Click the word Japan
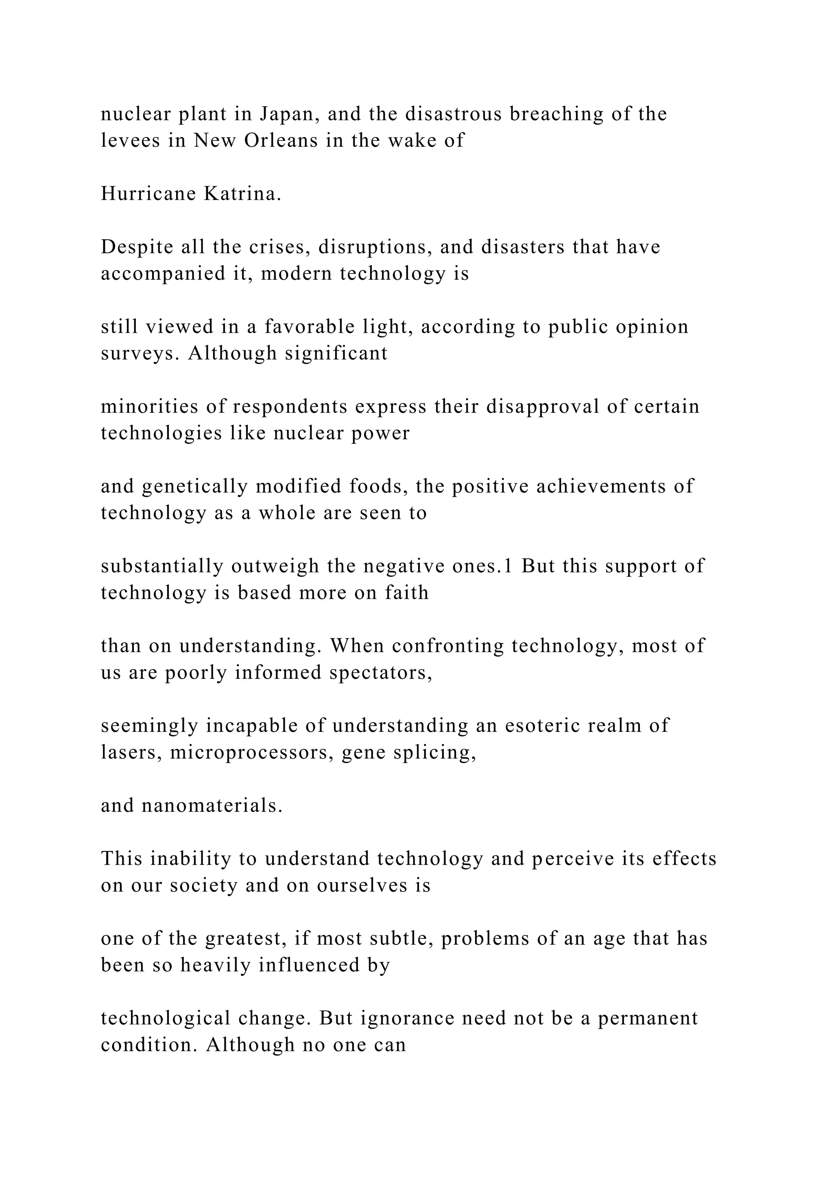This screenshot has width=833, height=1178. (x=285, y=114)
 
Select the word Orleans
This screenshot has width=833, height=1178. (x=281, y=141)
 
